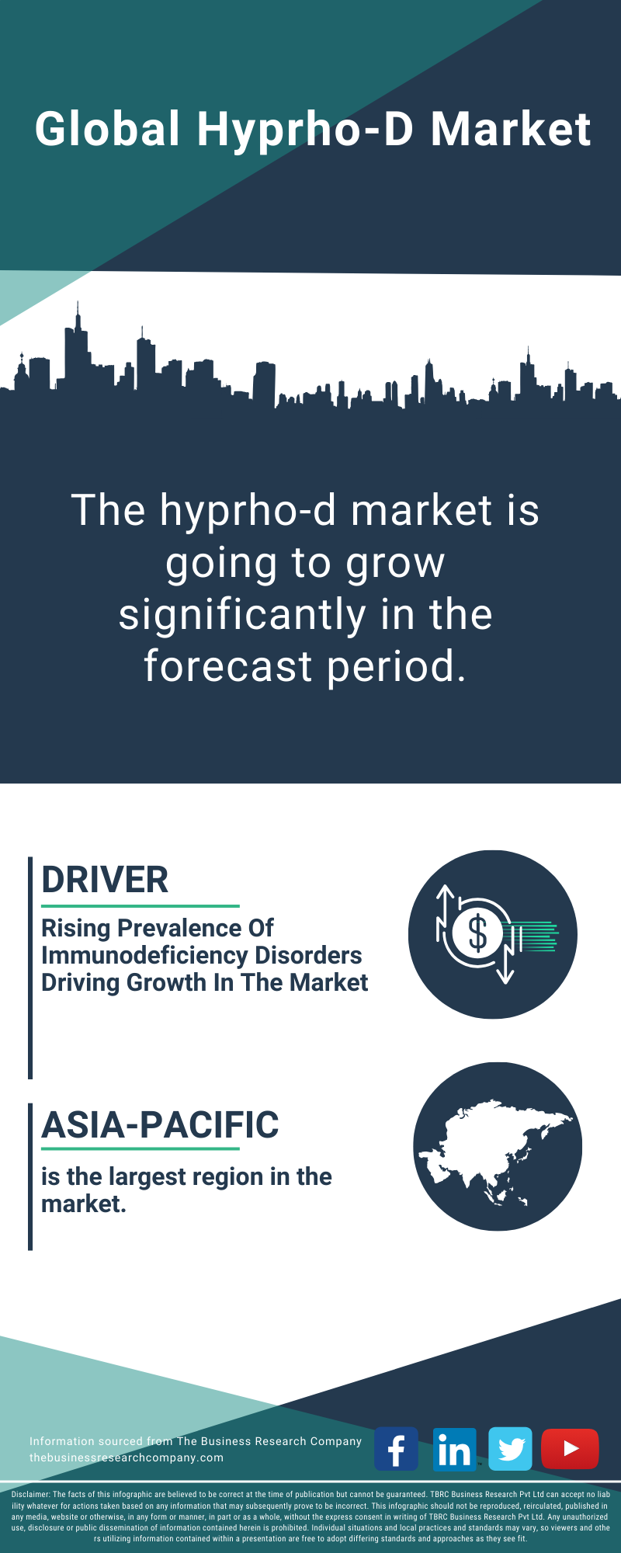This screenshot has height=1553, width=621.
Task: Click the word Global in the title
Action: tap(108, 129)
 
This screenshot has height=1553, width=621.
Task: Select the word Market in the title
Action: tap(511, 129)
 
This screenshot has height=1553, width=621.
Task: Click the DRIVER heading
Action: tap(105, 880)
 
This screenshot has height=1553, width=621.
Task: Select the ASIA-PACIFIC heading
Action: tap(160, 1124)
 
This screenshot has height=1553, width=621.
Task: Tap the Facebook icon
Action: tap(397, 1449)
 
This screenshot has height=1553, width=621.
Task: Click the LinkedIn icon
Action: tap(454, 1449)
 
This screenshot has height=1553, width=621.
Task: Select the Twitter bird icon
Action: tap(511, 1449)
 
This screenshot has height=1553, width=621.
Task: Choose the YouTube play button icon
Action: tap(570, 1449)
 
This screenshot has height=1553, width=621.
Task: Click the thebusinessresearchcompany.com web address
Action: tap(127, 1457)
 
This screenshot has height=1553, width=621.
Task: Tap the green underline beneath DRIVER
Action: tap(141, 905)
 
